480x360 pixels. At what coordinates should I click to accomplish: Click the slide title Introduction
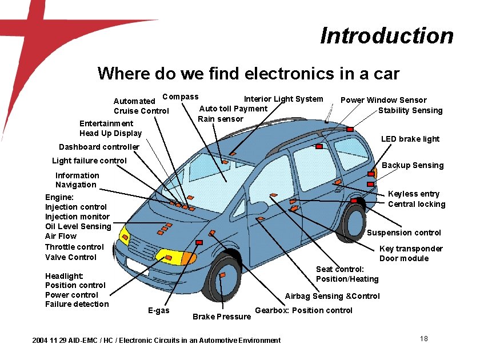(387, 35)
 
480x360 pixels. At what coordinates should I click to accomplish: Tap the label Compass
(181, 97)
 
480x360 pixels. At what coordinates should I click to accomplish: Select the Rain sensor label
(221, 119)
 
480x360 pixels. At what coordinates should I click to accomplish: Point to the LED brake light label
(410, 139)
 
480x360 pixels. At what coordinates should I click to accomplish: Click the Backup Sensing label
(413, 165)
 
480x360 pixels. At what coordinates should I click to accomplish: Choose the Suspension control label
(403, 233)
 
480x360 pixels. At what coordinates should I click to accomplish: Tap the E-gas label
(158, 310)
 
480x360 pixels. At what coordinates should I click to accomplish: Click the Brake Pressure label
(222, 317)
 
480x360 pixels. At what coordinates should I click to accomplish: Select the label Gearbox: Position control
(303, 310)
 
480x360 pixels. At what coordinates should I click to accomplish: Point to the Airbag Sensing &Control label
(332, 296)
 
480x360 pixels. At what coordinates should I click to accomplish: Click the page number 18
(423, 339)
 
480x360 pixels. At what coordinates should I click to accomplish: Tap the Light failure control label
(89, 161)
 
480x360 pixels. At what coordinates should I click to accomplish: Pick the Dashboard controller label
(99, 147)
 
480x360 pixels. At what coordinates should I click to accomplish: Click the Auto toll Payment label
(233, 109)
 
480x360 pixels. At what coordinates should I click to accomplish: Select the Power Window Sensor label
(383, 100)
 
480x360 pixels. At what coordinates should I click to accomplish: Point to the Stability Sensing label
(410, 110)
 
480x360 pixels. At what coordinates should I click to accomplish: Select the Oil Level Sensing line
(78, 226)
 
